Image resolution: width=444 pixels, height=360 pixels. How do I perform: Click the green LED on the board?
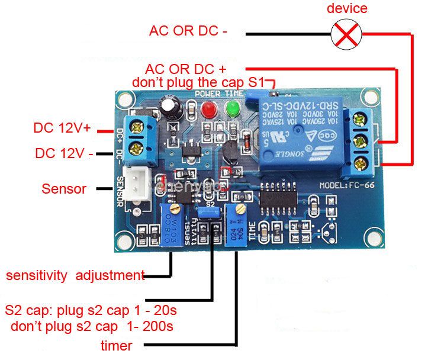[x=231, y=109]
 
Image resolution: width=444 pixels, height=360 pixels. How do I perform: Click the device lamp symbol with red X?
[x=346, y=34]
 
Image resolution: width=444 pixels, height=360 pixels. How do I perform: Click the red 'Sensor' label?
[x=64, y=189]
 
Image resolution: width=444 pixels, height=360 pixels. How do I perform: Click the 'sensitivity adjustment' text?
[x=75, y=275]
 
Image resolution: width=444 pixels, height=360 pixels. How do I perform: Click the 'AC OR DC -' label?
[x=188, y=30]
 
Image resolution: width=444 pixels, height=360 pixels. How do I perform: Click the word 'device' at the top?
[x=347, y=8]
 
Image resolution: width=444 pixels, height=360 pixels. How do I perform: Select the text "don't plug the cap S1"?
[x=200, y=82]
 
